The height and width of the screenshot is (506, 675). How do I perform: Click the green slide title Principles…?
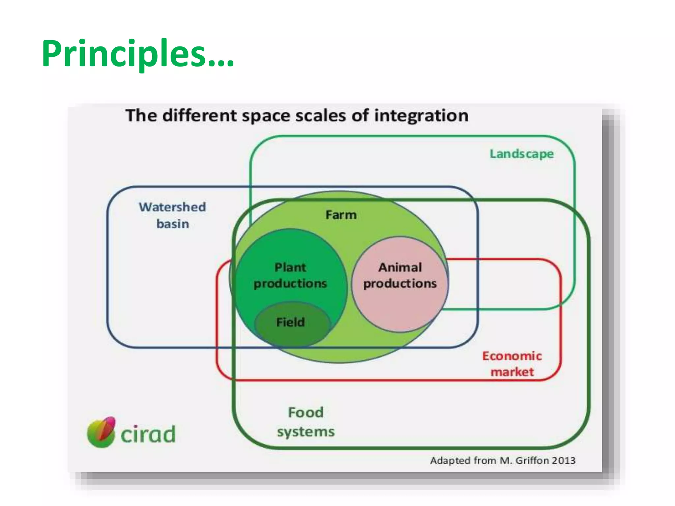tap(138, 54)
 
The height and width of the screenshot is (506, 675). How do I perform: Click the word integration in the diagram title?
tap(421, 116)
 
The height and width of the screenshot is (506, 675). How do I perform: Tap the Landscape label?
tap(521, 154)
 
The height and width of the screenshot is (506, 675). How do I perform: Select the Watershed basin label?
tap(172, 215)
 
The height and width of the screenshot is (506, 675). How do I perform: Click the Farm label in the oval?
tap(341, 215)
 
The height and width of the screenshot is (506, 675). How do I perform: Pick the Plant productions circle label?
tap(290, 275)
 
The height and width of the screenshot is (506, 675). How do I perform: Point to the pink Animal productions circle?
tap(400, 296)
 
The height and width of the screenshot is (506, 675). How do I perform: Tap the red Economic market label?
tap(512, 364)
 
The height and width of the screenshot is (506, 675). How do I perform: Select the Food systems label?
tap(306, 422)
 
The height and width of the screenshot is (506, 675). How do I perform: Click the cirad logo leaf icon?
tap(101, 432)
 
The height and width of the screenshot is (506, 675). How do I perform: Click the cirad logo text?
tap(148, 435)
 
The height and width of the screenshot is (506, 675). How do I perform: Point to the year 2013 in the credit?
tap(564, 460)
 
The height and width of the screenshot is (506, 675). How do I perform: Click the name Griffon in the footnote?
tap(531, 460)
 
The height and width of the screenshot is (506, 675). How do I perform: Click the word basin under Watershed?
tap(173, 224)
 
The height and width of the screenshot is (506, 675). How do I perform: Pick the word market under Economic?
tap(512, 372)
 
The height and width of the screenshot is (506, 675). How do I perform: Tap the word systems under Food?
tap(306, 432)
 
